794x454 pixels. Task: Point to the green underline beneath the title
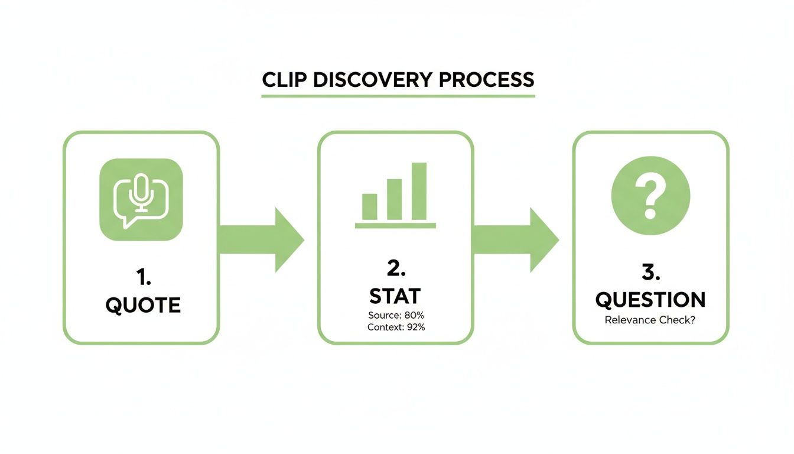pyautogui.click(x=398, y=95)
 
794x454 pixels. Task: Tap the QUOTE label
pyautogui.click(x=142, y=305)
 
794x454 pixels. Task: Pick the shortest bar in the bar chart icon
pyautogui.click(x=369, y=206)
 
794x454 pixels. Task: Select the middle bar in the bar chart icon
pyautogui.click(x=394, y=199)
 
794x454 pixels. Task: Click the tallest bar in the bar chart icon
pyautogui.click(x=419, y=191)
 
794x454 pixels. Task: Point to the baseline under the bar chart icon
pyautogui.click(x=395, y=226)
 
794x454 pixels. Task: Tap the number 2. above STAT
pyautogui.click(x=395, y=269)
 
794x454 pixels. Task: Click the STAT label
pyautogui.click(x=395, y=296)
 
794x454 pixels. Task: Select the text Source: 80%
pyautogui.click(x=396, y=316)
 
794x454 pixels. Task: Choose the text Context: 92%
pyautogui.click(x=396, y=327)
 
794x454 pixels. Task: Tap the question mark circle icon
pyautogui.click(x=650, y=196)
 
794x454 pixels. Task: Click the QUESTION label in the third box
pyautogui.click(x=650, y=300)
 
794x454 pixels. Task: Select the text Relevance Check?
pyautogui.click(x=650, y=320)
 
